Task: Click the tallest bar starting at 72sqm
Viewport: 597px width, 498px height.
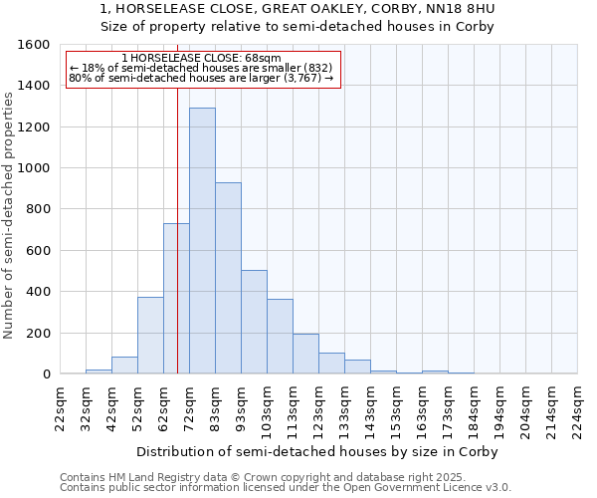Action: (x=202, y=241)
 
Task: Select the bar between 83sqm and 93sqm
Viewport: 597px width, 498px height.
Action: (x=228, y=278)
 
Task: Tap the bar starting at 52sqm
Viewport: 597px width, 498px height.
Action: (x=150, y=336)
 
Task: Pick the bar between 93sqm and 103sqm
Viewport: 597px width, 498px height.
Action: (x=254, y=322)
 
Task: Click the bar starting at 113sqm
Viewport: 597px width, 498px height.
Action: (x=305, y=354)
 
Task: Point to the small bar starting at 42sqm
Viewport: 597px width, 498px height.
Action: (x=124, y=366)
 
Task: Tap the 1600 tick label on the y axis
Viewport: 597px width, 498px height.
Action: (x=33, y=45)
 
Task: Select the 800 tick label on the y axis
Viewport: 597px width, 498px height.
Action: (x=37, y=209)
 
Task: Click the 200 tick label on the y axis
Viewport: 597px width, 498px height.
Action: (x=37, y=333)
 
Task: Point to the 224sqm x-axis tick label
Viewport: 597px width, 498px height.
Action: (x=578, y=408)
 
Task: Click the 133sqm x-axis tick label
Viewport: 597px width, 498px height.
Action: (x=345, y=408)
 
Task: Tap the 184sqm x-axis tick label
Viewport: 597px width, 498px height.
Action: (x=475, y=408)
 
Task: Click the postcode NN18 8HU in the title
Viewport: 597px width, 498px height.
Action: (x=463, y=9)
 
